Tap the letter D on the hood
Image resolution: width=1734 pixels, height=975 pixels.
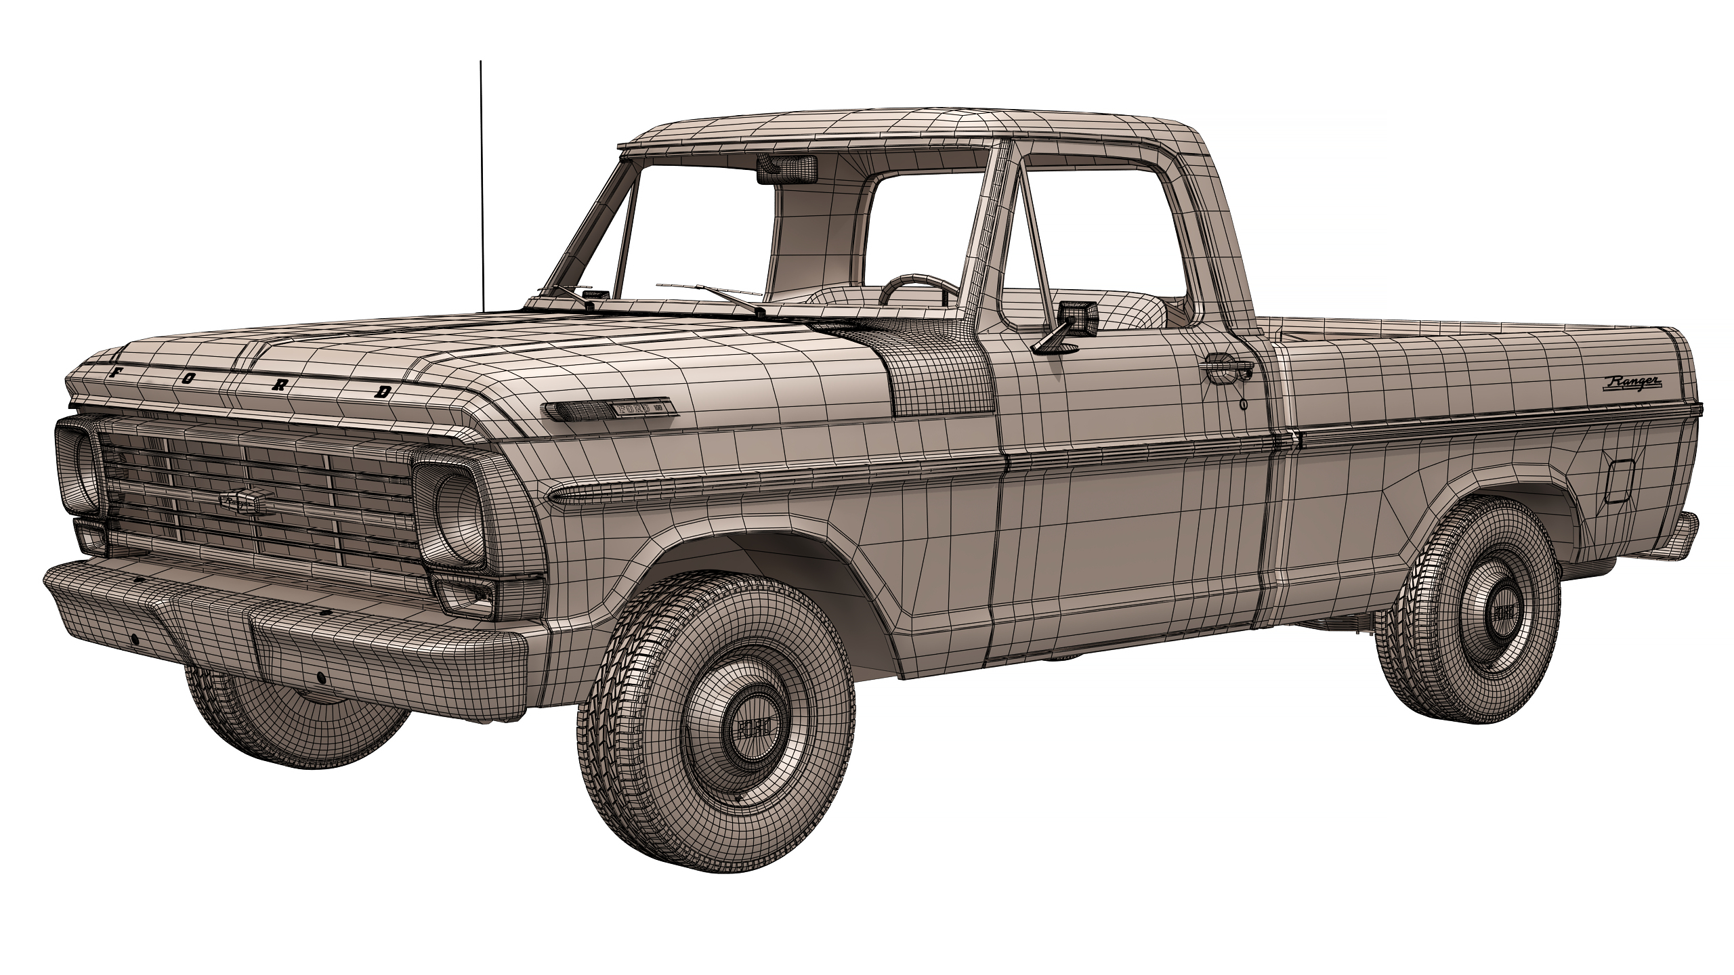384,391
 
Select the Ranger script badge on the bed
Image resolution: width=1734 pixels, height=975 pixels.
1632,383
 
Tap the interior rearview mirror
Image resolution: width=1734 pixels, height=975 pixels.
787,169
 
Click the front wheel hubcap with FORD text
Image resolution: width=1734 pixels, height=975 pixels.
753,728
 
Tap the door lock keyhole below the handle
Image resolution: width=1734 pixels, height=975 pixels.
1244,404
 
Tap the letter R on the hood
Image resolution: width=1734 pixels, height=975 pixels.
278,384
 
